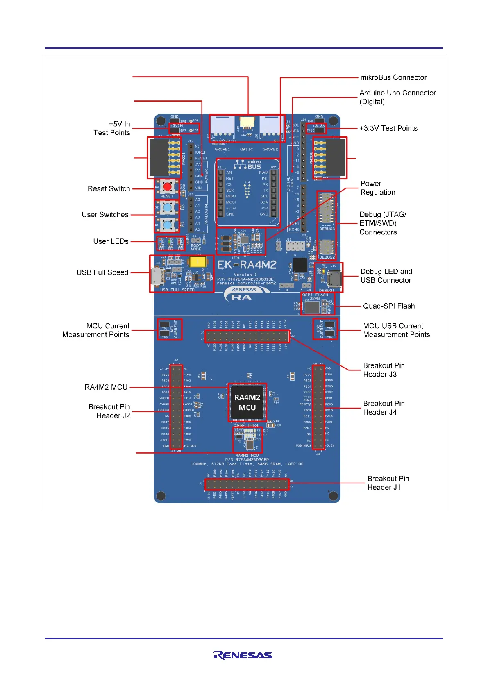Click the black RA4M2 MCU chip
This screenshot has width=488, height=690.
pos(247,402)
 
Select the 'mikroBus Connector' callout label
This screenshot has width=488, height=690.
pos(393,77)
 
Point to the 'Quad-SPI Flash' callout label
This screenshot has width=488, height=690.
pos(388,306)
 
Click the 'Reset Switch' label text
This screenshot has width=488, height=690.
pos(109,189)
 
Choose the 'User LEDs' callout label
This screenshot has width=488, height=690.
pos(111,241)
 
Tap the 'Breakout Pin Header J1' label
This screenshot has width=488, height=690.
pos(388,483)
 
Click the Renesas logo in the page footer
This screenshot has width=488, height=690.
pos(243,655)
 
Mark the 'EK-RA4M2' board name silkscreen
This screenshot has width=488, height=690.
pos(247,265)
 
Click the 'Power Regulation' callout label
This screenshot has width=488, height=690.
pos(377,188)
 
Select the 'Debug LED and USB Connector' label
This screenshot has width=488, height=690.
pos(386,276)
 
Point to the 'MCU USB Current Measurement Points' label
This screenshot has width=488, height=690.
pos(396,330)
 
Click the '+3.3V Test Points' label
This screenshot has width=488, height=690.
pos(388,128)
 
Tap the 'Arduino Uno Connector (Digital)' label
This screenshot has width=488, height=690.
pos(397,97)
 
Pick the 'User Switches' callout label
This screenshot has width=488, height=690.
pos(105,215)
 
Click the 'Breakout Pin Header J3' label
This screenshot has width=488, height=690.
pos(384,370)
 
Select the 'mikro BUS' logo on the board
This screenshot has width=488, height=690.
pos(248,164)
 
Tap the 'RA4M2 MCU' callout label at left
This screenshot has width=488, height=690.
pos(106,387)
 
